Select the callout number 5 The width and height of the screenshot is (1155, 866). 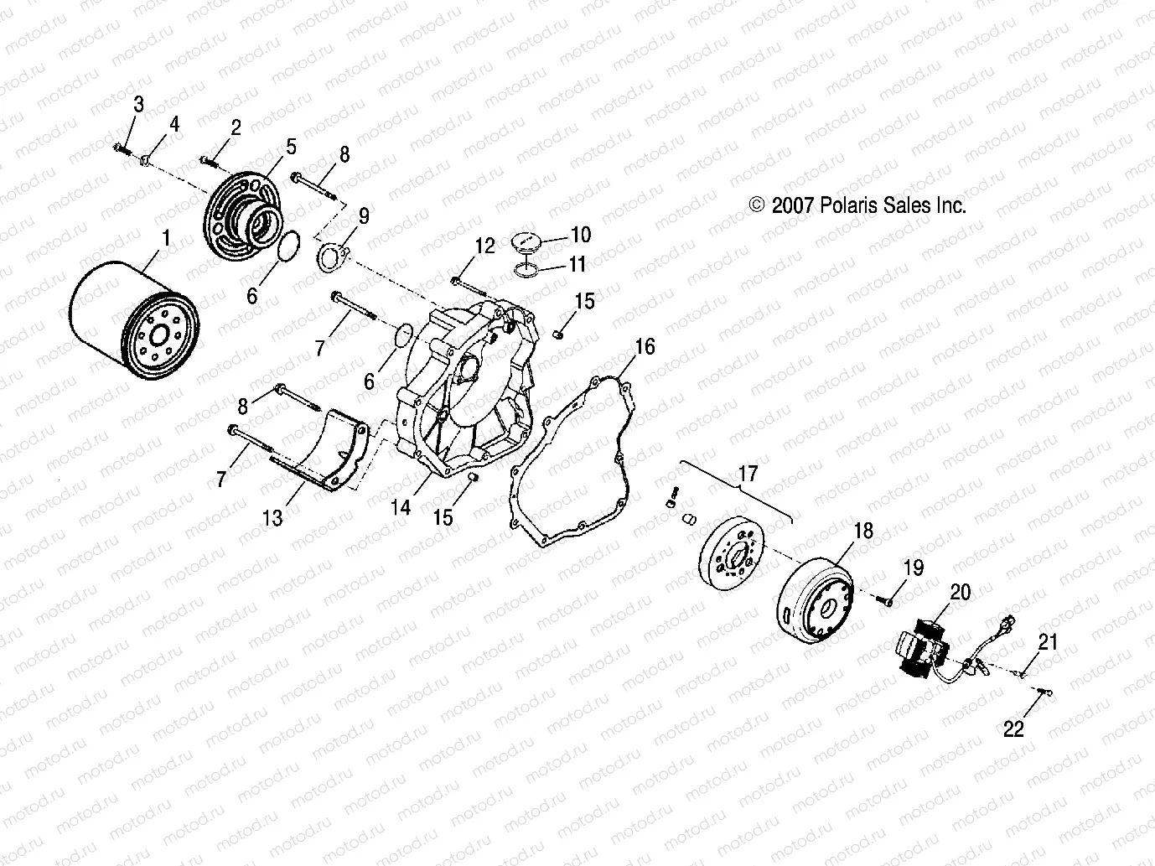290,147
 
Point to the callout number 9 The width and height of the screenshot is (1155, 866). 363,216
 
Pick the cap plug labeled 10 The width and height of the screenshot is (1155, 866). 530,241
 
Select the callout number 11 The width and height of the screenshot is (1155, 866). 577,264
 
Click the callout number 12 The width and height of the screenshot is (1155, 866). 485,246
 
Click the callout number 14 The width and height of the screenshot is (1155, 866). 401,506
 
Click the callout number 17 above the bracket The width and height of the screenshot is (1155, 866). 747,474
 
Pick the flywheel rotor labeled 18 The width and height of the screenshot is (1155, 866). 815,599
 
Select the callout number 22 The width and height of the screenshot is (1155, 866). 1013,729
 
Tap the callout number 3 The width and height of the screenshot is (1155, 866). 138,105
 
